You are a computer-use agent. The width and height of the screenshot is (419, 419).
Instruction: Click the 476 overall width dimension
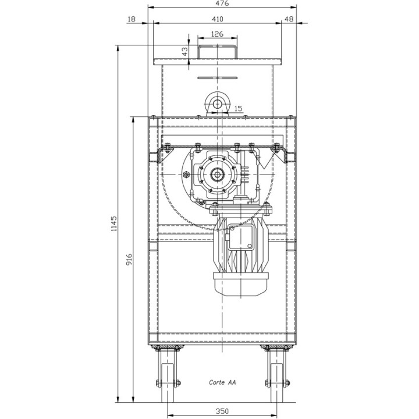pos(222,3)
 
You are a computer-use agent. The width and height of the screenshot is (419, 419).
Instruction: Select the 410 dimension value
pos(217,19)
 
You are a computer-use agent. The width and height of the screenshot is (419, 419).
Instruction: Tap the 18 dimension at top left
pos(132,19)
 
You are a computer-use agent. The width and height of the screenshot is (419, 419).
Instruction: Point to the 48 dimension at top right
pos(289,19)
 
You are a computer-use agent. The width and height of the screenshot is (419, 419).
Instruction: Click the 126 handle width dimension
pos(217,34)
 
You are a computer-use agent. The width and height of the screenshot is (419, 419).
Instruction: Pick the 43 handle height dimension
pos(184,52)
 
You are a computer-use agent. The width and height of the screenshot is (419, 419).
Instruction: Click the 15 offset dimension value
pos(238,108)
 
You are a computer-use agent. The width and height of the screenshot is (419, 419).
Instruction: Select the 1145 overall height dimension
pos(114,223)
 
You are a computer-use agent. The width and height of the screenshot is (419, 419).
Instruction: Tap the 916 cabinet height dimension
pos(129,260)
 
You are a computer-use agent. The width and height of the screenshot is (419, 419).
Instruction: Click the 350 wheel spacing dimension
pos(222,411)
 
